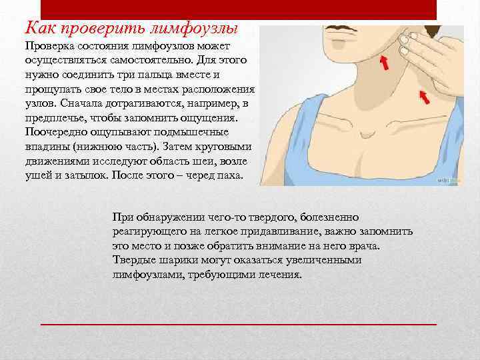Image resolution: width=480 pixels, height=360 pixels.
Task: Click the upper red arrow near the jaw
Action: click(x=384, y=64)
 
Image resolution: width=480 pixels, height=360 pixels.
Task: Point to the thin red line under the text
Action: click(x=239, y=323)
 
